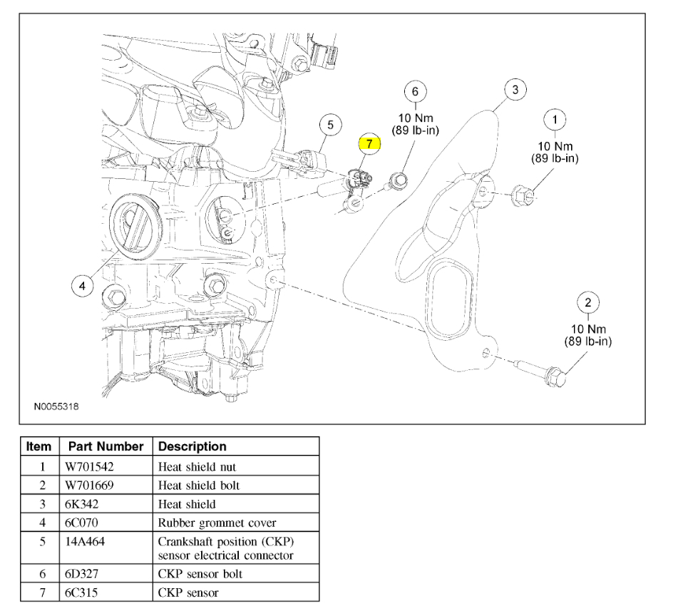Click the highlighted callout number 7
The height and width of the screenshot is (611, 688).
pos(369,143)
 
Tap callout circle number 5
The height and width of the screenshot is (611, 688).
pos(330,125)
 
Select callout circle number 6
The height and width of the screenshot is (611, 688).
pos(415,92)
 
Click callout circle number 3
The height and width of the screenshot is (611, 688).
pos(515,90)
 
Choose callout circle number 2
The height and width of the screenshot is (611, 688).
pos(587,302)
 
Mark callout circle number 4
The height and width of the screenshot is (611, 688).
pos(83,286)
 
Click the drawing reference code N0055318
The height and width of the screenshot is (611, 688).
pos(56,406)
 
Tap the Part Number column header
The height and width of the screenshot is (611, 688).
pos(106,446)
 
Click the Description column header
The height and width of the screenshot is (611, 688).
pos(192,446)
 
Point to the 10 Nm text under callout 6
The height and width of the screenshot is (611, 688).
pos(415,118)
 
